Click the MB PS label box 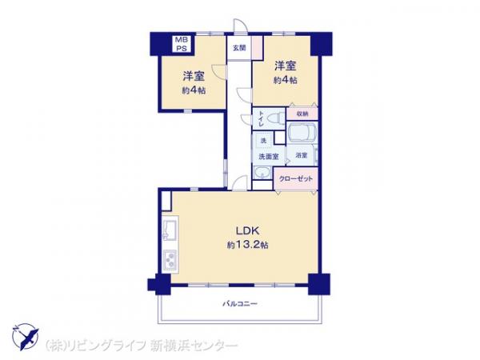(182, 44)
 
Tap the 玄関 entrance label (239, 48)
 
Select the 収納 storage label (302, 114)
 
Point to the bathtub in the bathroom (302, 132)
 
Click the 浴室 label (302, 155)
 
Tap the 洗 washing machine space (263, 141)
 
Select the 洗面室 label (269, 157)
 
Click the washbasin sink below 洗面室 (262, 173)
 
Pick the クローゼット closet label (296, 178)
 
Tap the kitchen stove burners (170, 261)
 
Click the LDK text (248, 230)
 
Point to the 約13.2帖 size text (248, 245)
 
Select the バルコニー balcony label (240, 304)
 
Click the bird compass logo (26, 337)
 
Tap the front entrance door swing (240, 26)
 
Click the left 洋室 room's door (219, 72)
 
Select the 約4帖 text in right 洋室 (286, 80)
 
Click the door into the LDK (240, 183)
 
